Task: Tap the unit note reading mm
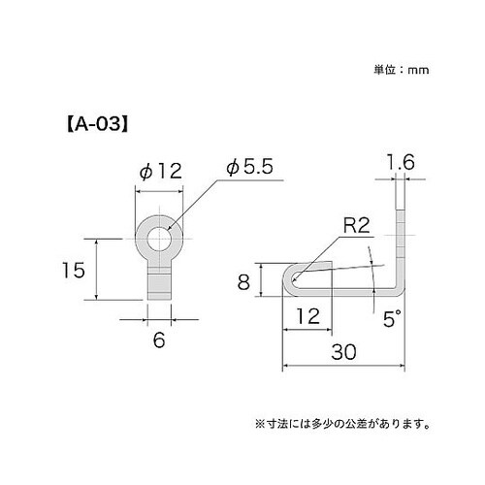point(418,70)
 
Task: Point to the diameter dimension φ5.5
point(251,169)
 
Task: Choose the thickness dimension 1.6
point(401,163)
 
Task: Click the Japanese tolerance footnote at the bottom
point(342,424)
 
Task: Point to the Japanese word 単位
point(383,70)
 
